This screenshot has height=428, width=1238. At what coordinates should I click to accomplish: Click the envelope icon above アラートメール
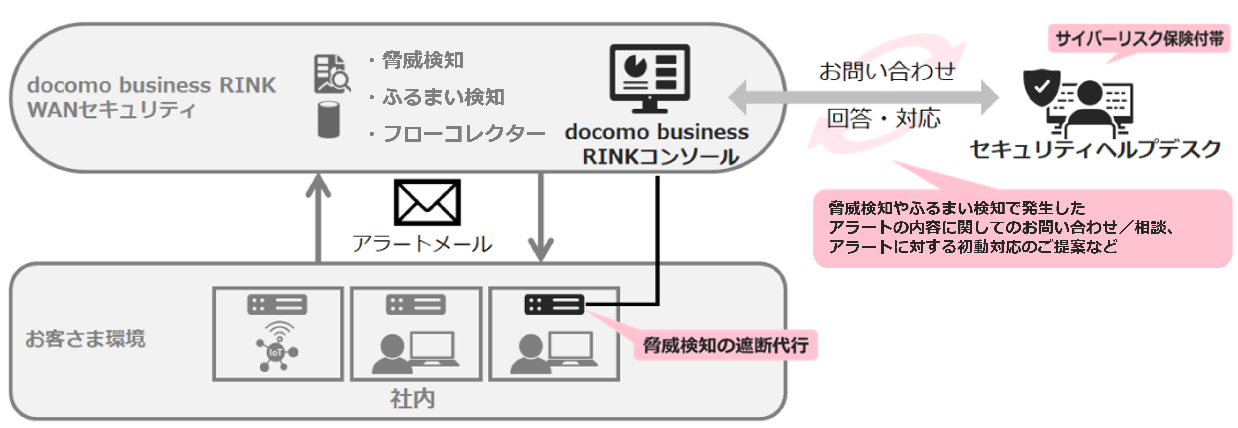click(x=427, y=202)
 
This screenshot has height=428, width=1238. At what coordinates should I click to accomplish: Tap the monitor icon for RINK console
click(x=649, y=78)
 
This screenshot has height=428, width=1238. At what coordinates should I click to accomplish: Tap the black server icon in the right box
click(x=554, y=304)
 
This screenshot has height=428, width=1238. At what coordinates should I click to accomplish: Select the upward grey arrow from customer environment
click(x=318, y=216)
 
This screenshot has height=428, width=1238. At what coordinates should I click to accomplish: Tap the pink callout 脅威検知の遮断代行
click(x=725, y=345)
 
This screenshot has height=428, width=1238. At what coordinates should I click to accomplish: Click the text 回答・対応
click(x=883, y=118)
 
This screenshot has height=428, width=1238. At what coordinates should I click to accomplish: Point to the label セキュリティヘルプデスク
click(x=1095, y=149)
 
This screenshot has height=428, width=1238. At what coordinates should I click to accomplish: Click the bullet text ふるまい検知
click(x=442, y=97)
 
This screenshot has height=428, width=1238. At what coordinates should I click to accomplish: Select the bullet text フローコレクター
click(x=463, y=133)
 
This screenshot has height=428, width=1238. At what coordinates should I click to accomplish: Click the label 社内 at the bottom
click(x=412, y=399)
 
